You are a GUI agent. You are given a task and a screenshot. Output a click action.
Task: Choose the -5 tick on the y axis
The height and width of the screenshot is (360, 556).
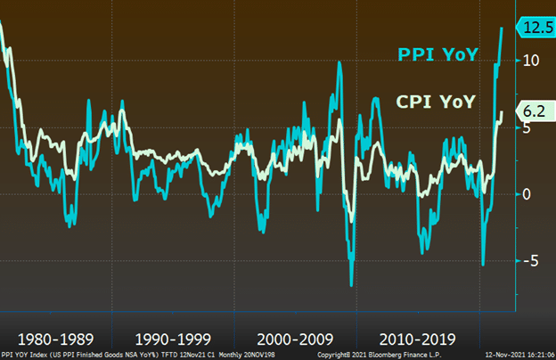(529, 261)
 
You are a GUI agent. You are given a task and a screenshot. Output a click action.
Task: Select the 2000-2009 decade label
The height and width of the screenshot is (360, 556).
(294, 340)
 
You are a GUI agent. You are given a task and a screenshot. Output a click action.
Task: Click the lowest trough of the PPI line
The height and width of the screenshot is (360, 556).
(351, 284)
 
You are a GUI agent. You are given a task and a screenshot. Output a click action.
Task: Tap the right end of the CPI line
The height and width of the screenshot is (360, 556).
(503, 112)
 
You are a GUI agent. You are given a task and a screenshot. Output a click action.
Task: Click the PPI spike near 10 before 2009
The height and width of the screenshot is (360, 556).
(339, 61)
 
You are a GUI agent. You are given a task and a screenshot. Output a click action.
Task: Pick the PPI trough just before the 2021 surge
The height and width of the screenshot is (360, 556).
(483, 264)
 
